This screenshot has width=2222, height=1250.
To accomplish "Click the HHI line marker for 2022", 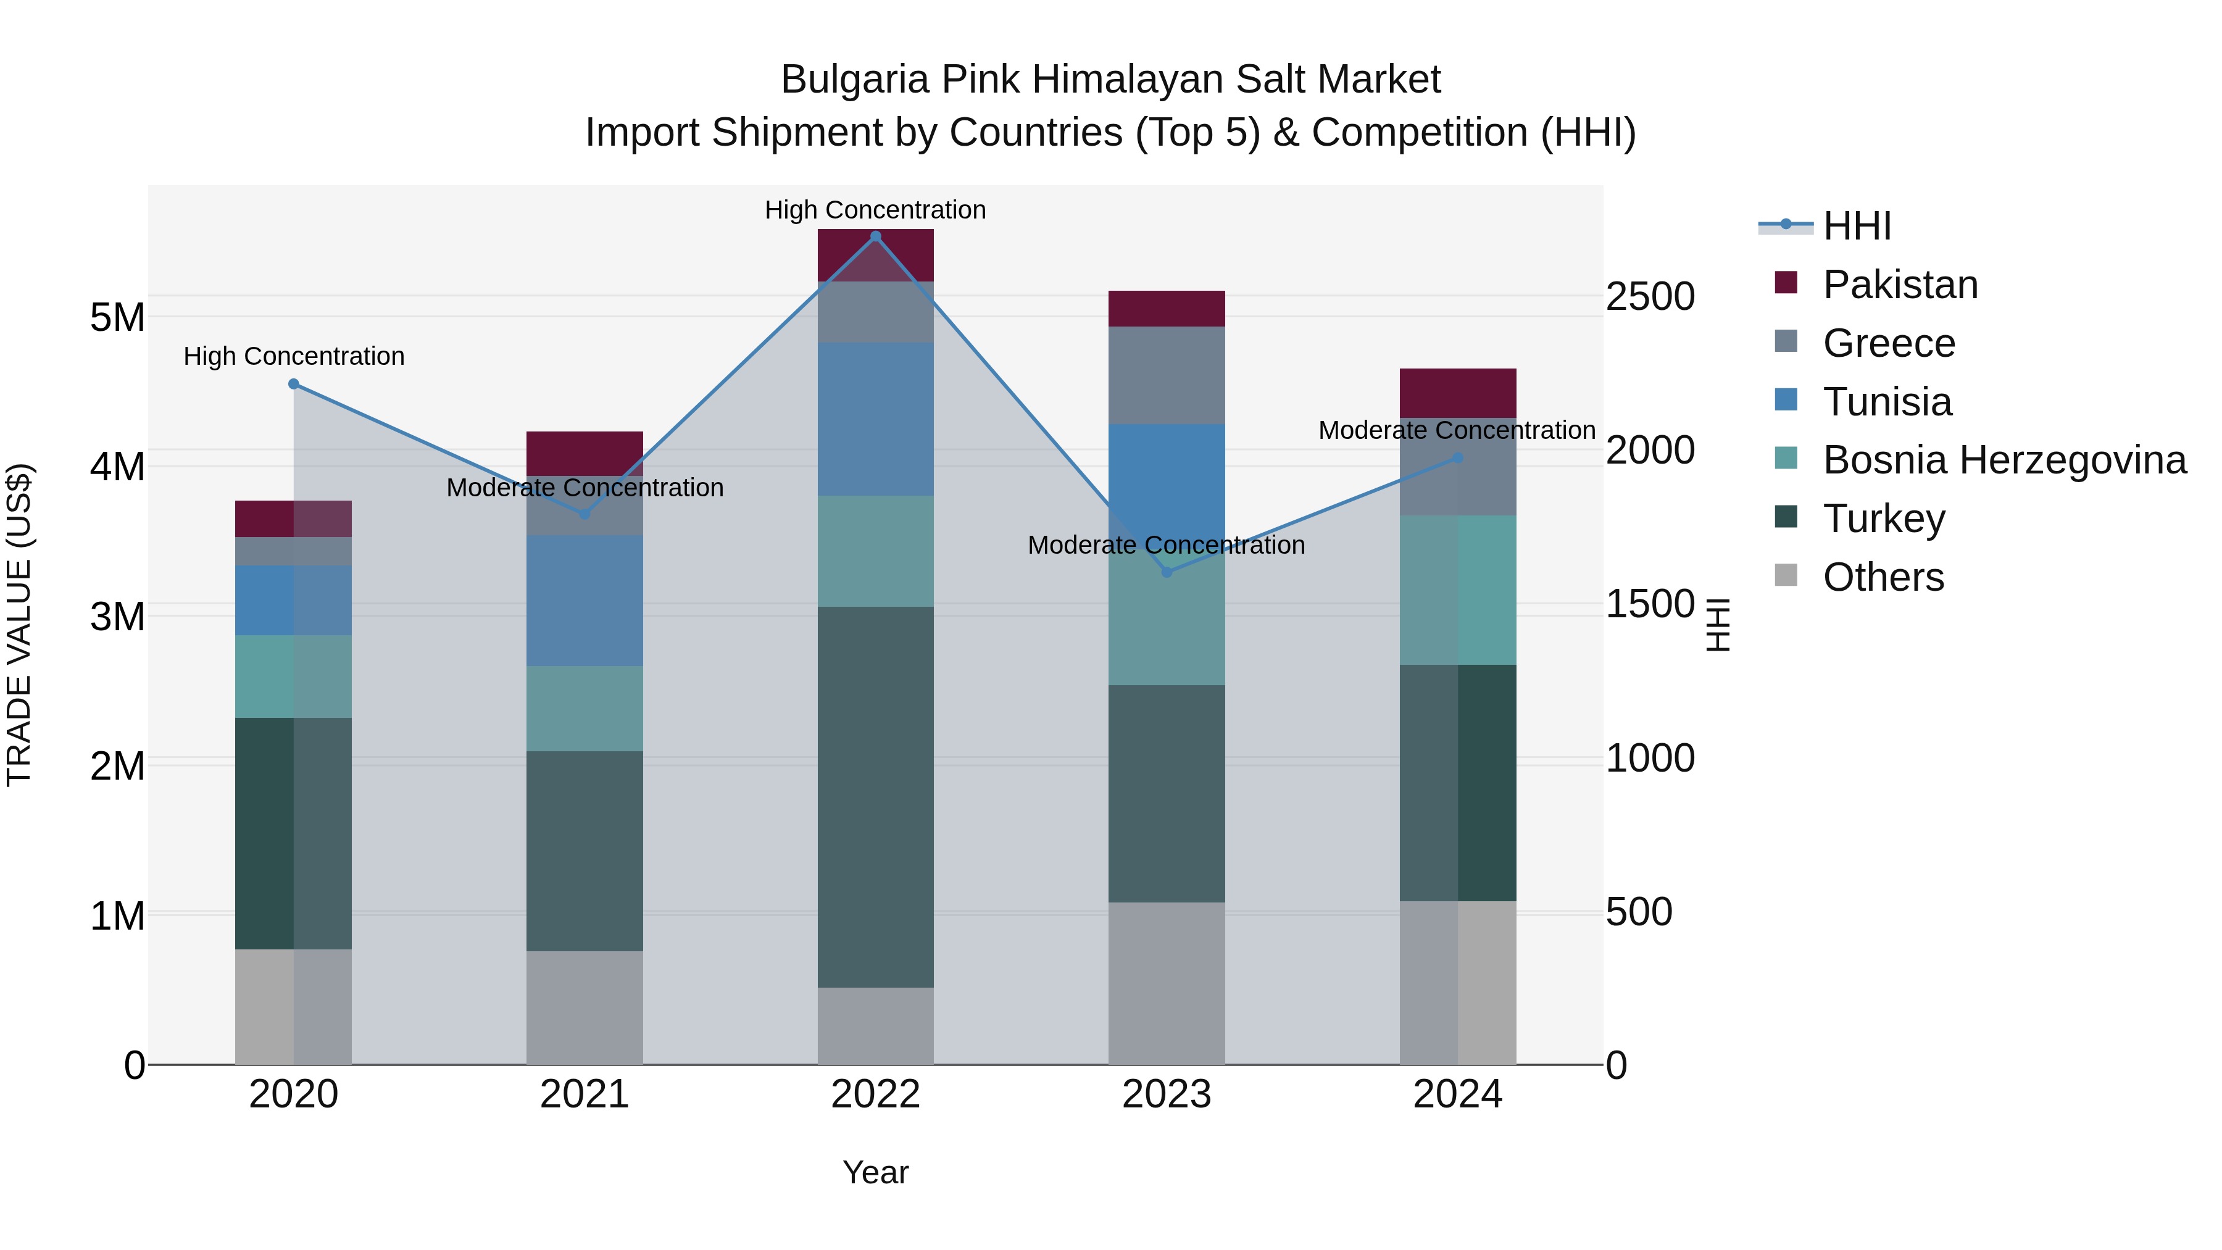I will point(875,236).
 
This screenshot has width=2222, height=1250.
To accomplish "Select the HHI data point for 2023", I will point(1167,572).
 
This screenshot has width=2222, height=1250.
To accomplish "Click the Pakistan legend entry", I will point(1900,285).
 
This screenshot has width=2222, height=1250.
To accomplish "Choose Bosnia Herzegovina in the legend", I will point(2004,460).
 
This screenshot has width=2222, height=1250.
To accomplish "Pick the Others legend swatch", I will point(1786,575).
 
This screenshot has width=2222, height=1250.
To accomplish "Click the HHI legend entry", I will point(1856,226).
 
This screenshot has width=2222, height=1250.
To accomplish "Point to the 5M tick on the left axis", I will point(117,317).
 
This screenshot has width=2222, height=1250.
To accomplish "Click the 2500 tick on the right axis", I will point(1650,297).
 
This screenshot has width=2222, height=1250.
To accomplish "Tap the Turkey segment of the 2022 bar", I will point(875,796).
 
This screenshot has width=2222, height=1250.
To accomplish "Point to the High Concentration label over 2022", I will point(875,210).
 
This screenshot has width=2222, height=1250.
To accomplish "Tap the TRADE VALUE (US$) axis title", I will point(19,625).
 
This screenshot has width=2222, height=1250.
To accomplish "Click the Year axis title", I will point(875,1172).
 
